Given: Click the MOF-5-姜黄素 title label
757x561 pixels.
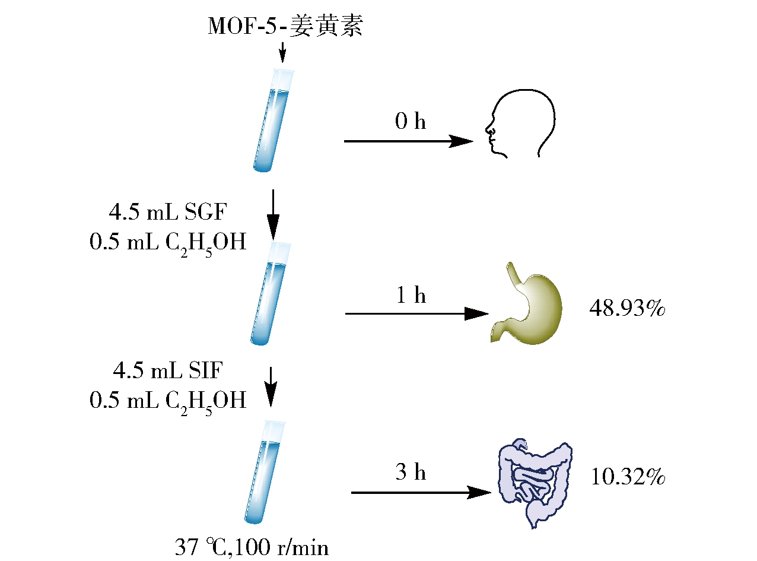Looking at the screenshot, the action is coord(285,26).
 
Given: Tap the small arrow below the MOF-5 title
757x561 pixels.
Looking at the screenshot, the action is coord(282,52).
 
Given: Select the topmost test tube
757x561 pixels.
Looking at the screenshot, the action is coord(273,120).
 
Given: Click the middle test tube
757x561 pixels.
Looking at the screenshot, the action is coord(271,293).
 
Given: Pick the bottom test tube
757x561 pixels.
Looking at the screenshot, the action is coord(265,472).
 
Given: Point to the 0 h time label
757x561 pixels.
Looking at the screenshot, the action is coord(411,121).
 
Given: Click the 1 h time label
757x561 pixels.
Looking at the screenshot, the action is coord(411,294).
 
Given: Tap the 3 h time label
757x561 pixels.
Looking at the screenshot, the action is coord(411,472).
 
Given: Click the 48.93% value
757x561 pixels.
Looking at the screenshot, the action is coord(627,308).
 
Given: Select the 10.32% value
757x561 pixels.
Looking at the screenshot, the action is coord(628,477).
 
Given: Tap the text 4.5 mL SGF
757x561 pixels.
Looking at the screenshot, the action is coord(168,212).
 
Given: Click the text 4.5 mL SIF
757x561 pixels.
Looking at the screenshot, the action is coord(168,370).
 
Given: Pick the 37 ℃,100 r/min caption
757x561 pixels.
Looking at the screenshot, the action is coord(252,547).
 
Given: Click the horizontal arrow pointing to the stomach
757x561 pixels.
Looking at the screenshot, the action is coord(416,313).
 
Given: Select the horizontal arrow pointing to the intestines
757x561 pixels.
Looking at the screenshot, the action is coord(421,493).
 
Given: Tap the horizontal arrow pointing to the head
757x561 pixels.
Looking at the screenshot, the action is coord(409,141).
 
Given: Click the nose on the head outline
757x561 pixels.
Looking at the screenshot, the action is coord(489,129).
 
